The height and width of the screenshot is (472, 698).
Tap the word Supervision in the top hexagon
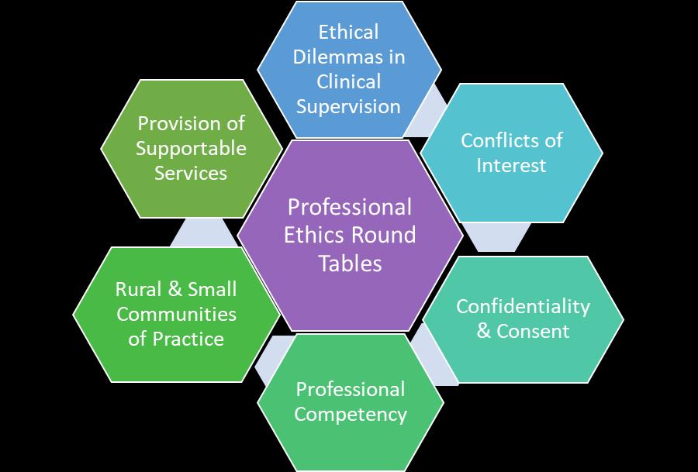pyautogui.click(x=348, y=106)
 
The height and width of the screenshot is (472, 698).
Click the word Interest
pyautogui.click(x=511, y=165)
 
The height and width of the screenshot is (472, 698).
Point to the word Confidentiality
pyautogui.click(x=523, y=306)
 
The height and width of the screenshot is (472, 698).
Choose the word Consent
pyautogui.click(x=533, y=331)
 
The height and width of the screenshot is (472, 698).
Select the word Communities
pyautogui.click(x=176, y=314)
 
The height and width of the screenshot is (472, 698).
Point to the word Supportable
pyautogui.click(x=191, y=148)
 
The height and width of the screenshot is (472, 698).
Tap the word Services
pyautogui.click(x=191, y=173)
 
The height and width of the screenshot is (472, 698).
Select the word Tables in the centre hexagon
pyautogui.click(x=351, y=263)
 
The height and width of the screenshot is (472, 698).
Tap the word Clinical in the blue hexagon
pyautogui.click(x=349, y=81)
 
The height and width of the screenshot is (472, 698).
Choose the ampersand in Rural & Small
pyautogui.click(x=175, y=289)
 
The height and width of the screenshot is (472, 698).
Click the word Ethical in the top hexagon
pyautogui.click(x=348, y=32)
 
